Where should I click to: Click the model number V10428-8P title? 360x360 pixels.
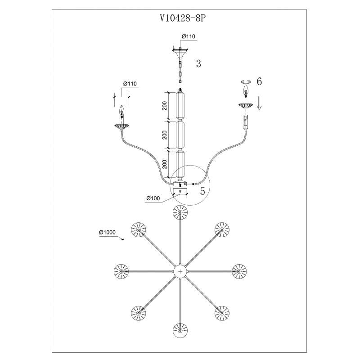[x=183, y=18]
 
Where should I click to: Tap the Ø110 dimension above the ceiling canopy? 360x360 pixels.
[x=188, y=36]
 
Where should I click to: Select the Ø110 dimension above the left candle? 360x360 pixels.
[x=130, y=84]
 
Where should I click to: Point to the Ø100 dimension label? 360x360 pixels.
[x=153, y=198]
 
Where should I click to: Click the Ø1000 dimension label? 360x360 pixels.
[x=107, y=232]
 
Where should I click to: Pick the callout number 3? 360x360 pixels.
[x=198, y=63]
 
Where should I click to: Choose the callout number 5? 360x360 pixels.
[x=202, y=191]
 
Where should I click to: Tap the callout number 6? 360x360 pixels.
[x=259, y=81]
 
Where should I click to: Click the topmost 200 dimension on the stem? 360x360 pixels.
[x=165, y=106]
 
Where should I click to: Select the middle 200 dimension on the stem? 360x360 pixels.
[x=165, y=135]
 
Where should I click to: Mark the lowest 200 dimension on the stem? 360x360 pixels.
[x=165, y=164]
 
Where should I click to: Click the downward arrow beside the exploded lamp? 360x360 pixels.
[x=259, y=103]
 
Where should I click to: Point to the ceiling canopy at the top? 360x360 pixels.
[x=180, y=53]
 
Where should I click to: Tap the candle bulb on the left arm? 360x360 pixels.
[x=121, y=110]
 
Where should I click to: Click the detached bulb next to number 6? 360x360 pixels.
[x=246, y=91]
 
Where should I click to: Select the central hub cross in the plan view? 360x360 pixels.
[x=180, y=271]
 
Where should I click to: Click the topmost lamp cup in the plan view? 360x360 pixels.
[x=180, y=212]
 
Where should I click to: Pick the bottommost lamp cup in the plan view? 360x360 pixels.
[x=180, y=330]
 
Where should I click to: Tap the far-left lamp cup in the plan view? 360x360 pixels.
[x=121, y=271]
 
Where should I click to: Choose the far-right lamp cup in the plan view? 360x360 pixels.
[x=239, y=271]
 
